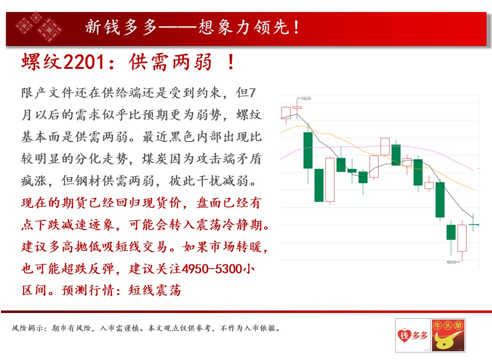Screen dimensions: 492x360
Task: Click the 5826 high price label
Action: tap(306, 98)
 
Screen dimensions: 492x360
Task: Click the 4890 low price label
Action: tap(451, 262)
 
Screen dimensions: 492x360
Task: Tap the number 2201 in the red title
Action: tap(84, 62)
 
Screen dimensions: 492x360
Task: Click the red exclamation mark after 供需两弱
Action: tap(231, 62)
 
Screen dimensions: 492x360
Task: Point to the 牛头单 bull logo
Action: tap(448, 335)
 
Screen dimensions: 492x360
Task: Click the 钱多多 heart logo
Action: tap(412, 335)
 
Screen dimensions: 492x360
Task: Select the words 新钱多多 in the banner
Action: tap(121, 27)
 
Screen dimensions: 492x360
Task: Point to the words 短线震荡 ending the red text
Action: tap(155, 290)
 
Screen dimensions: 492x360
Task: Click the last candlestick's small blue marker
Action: tap(477, 224)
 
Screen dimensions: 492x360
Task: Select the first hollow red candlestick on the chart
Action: tap(286, 113)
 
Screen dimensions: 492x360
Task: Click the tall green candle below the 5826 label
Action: tap(308, 150)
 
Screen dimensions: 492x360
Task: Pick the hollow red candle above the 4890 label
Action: tap(462, 238)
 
